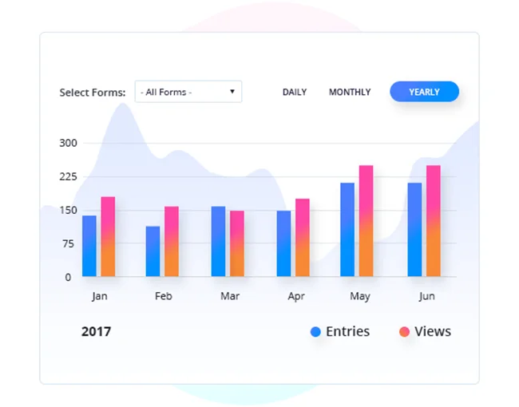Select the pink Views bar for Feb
(x=172, y=242)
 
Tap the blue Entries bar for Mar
(x=218, y=241)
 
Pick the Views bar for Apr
(x=302, y=238)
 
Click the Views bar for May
(x=366, y=221)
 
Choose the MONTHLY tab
(x=350, y=93)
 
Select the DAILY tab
(x=295, y=93)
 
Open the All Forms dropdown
(x=188, y=93)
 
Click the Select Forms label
(x=93, y=93)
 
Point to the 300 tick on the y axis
(x=69, y=144)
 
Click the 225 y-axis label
(x=69, y=177)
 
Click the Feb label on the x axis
(x=164, y=296)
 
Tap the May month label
(x=360, y=297)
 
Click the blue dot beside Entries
(x=316, y=332)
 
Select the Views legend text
(x=433, y=331)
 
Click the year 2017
(x=96, y=331)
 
